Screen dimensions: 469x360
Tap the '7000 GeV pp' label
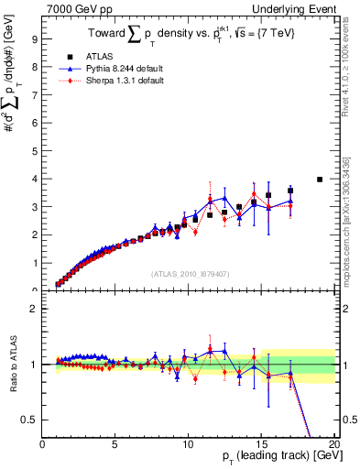click(74, 8)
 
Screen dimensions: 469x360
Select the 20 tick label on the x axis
click(333, 445)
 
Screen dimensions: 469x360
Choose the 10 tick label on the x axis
click(188, 445)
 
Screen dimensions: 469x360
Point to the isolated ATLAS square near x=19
click(319, 180)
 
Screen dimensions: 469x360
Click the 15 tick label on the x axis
click(260, 445)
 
